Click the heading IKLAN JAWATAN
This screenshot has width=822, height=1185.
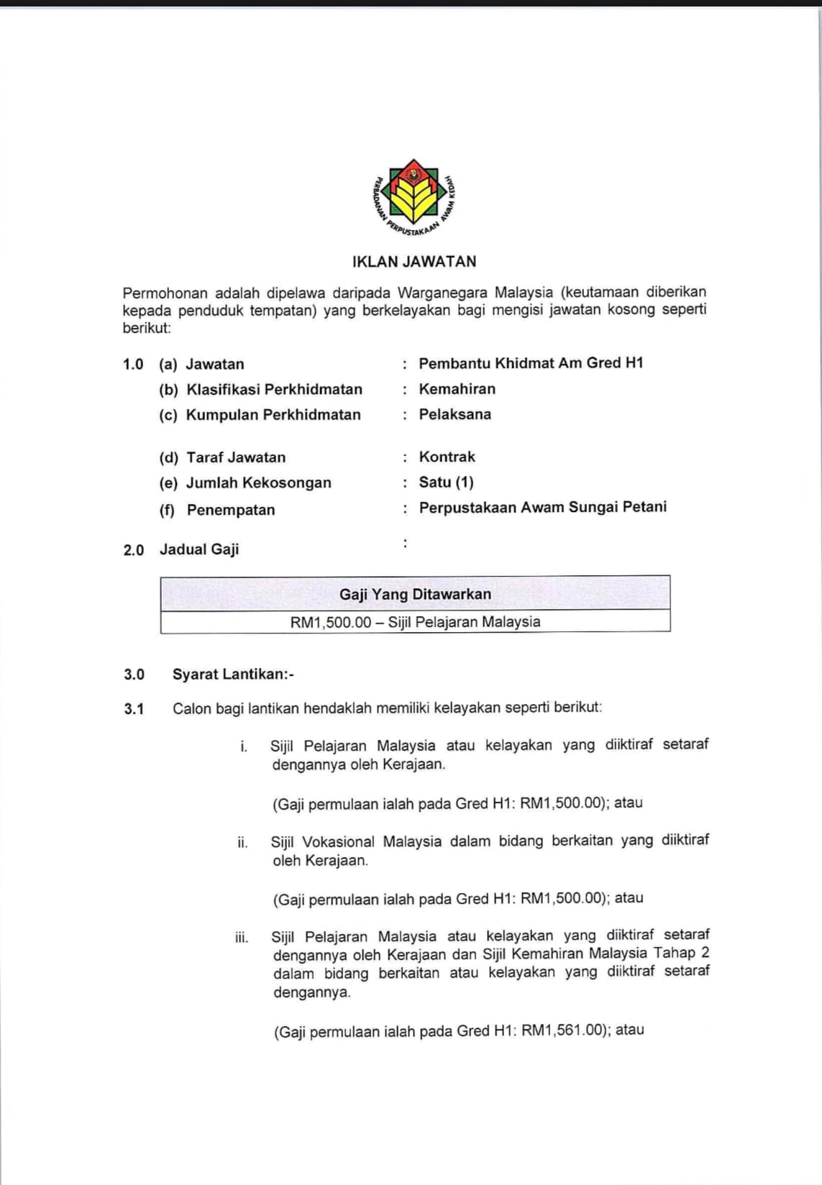pos(414,262)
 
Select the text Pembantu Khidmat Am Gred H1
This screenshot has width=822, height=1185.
pos(531,363)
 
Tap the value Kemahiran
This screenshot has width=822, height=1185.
pos(457,389)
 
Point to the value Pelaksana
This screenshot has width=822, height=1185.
pos(455,414)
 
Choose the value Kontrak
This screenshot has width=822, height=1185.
pos(447,457)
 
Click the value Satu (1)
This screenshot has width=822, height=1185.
pos(447,482)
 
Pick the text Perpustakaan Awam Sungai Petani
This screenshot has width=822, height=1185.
pos(543,507)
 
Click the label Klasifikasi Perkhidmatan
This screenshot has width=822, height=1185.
pos(274,390)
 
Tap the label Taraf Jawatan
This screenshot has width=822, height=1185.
pos(236,457)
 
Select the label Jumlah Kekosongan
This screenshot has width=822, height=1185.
pos(259,483)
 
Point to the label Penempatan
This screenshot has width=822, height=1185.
pos(231,510)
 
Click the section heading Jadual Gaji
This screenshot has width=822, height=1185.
pos(199,549)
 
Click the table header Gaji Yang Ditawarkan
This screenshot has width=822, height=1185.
pos(415,594)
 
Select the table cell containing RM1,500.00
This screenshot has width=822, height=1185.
pos(415,622)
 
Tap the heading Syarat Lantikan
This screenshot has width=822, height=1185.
pos(232,674)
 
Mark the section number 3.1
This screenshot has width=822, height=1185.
pos(134,709)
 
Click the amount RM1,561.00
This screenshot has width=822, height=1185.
pos(562,1030)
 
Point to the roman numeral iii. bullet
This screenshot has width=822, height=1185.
pos(242,938)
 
